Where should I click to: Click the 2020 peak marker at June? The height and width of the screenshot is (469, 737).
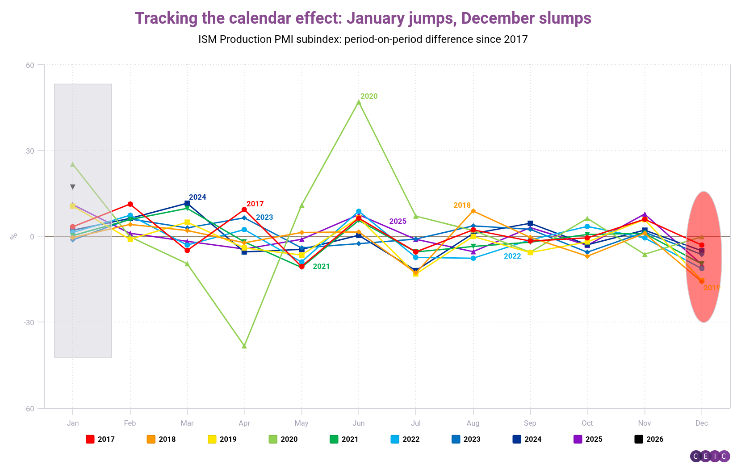[x=359, y=102]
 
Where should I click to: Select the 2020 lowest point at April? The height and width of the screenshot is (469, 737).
[x=244, y=346]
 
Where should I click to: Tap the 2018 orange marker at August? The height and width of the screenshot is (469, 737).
[x=473, y=211]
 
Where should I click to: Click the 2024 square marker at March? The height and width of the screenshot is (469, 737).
[x=187, y=204]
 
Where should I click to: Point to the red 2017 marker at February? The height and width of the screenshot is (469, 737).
[x=130, y=204]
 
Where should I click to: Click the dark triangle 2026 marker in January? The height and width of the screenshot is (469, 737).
[x=73, y=187]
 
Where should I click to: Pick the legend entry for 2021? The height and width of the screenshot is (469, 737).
[x=344, y=439]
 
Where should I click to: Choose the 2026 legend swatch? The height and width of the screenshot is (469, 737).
[x=639, y=439]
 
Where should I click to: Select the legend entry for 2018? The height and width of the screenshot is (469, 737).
[x=161, y=439]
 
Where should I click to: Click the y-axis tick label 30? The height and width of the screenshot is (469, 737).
[x=30, y=151]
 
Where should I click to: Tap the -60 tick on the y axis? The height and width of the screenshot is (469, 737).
[x=29, y=408]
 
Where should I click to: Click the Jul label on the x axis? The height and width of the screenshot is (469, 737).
[x=416, y=423]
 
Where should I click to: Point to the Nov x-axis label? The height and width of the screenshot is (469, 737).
[x=645, y=423]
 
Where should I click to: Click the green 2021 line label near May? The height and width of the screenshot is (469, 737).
[x=321, y=267]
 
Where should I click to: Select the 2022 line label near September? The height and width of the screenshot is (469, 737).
[x=512, y=256]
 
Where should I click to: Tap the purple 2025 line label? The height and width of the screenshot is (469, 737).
[x=398, y=222]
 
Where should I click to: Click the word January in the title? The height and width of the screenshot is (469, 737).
[x=375, y=18]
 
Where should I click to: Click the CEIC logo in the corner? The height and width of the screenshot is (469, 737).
[x=710, y=456]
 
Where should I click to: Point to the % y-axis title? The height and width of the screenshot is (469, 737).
[x=14, y=236]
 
